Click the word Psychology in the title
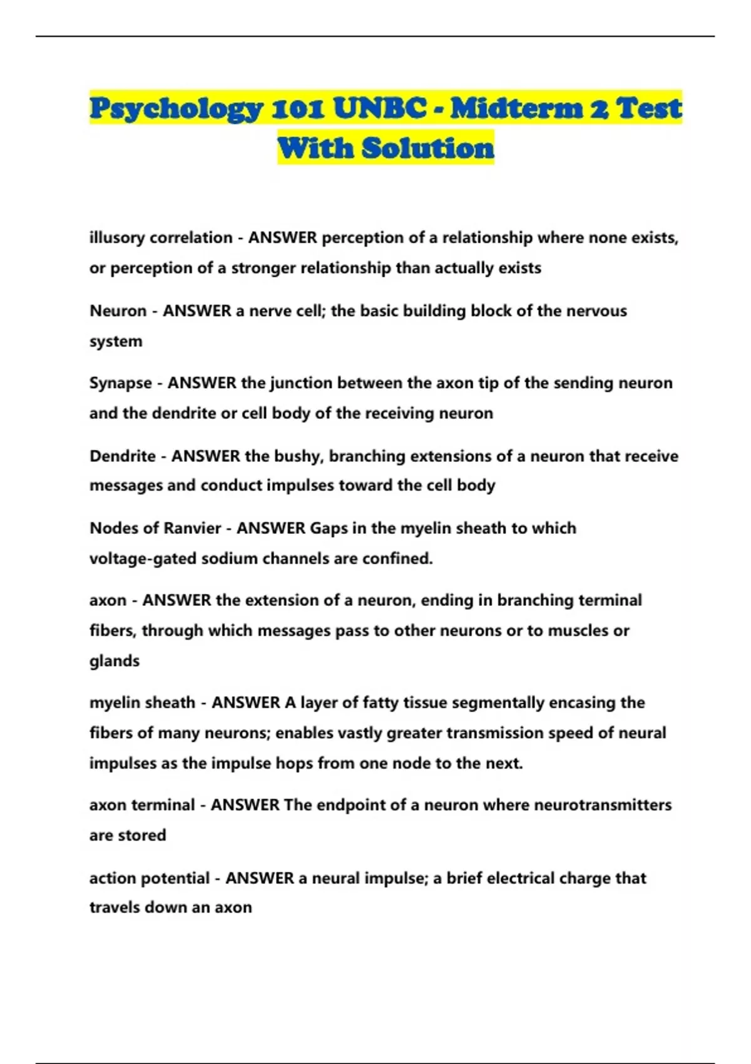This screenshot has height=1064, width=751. point(176,109)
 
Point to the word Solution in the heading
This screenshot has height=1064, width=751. point(428,148)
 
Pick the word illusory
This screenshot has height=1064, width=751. point(117,238)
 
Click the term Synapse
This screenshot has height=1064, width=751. point(121,382)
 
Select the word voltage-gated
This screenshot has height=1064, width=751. point(143,558)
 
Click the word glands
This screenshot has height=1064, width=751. point(115,660)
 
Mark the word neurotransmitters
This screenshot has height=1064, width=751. point(603,804)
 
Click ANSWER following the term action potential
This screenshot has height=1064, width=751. point(260,877)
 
